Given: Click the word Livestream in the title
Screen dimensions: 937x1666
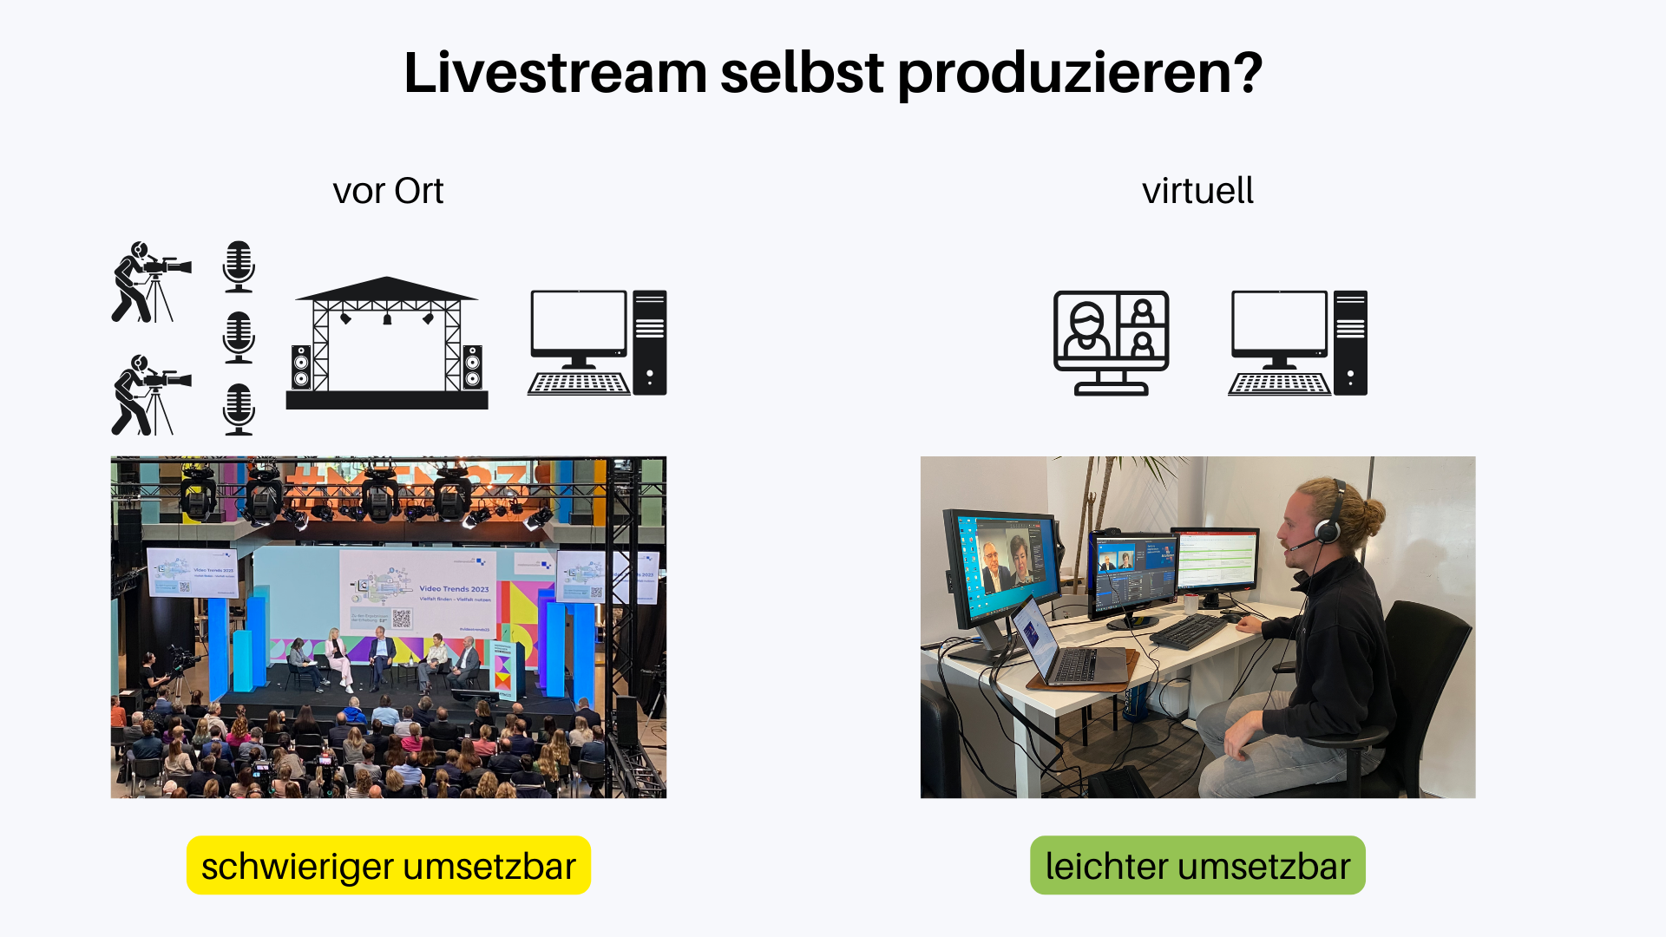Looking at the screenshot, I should pyautogui.click(x=555, y=73).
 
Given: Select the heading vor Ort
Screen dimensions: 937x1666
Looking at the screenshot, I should pyautogui.click(x=388, y=191).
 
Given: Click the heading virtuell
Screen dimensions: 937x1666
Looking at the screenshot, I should pyautogui.click(x=1197, y=191).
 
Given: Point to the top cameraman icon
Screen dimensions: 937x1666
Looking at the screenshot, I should pyautogui.click(x=149, y=282).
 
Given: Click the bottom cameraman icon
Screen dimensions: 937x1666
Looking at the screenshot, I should pyautogui.click(x=149, y=395).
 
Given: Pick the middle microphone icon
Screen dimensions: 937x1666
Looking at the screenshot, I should pyautogui.click(x=239, y=337).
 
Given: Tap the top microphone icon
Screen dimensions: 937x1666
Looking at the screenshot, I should pyautogui.click(x=239, y=266).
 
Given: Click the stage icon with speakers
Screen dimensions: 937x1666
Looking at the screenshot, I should pyautogui.click(x=387, y=343).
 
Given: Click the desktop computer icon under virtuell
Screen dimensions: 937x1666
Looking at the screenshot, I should pyautogui.click(x=1297, y=343).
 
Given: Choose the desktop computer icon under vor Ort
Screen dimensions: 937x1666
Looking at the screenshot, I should pyautogui.click(x=597, y=343).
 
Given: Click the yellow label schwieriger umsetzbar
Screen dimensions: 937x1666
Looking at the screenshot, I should pyautogui.click(x=389, y=865).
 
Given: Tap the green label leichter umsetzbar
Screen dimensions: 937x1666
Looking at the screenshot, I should pyautogui.click(x=1197, y=865).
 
